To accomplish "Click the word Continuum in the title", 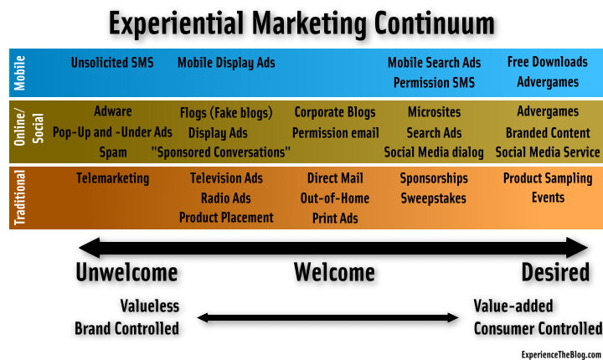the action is pyautogui.click(x=434, y=23).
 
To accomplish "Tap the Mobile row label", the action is pyautogui.click(x=19, y=73).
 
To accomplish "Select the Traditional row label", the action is pyautogui.click(x=19, y=198).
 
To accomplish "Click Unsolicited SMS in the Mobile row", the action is pyautogui.click(x=112, y=62).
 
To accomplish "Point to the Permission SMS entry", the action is pyautogui.click(x=434, y=82).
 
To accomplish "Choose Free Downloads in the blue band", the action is pyautogui.click(x=547, y=62).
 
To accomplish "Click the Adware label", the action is pyautogui.click(x=113, y=111).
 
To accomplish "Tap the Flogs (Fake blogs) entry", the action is pyautogui.click(x=226, y=113).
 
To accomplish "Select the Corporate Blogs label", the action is pyautogui.click(x=334, y=112).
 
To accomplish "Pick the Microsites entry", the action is pyautogui.click(x=434, y=112).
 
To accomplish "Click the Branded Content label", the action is pyautogui.click(x=548, y=132).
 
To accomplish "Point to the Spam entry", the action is pyautogui.click(x=113, y=152).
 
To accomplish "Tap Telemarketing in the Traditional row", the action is pyautogui.click(x=113, y=178).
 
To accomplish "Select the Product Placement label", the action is pyautogui.click(x=226, y=218).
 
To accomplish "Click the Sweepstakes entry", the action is pyautogui.click(x=434, y=198).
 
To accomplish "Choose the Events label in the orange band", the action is pyautogui.click(x=548, y=198).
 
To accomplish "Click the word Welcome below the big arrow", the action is pyautogui.click(x=334, y=272).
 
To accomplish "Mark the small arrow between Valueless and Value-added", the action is pyautogui.click(x=327, y=317).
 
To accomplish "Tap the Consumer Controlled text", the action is pyautogui.click(x=538, y=329).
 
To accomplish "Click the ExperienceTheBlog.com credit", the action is pyautogui.click(x=561, y=354).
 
